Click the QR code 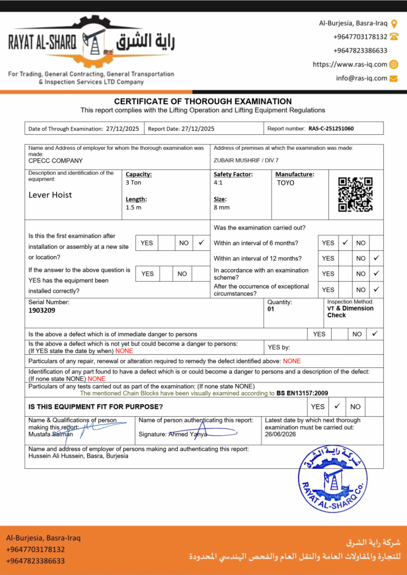[355, 194]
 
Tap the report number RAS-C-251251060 [331, 129]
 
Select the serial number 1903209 [42, 310]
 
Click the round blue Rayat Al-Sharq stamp [332, 479]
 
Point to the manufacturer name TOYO [286, 183]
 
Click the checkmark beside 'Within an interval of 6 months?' [346, 243]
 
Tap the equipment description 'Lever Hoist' [51, 195]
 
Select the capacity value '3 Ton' [134, 183]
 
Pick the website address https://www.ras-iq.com [350, 65]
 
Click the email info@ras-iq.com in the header [361, 79]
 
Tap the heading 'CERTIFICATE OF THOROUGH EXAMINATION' [203, 102]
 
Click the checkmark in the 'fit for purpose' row [337, 406]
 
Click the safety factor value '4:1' [218, 183]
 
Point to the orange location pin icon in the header [394, 24]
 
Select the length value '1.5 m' [134, 207]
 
